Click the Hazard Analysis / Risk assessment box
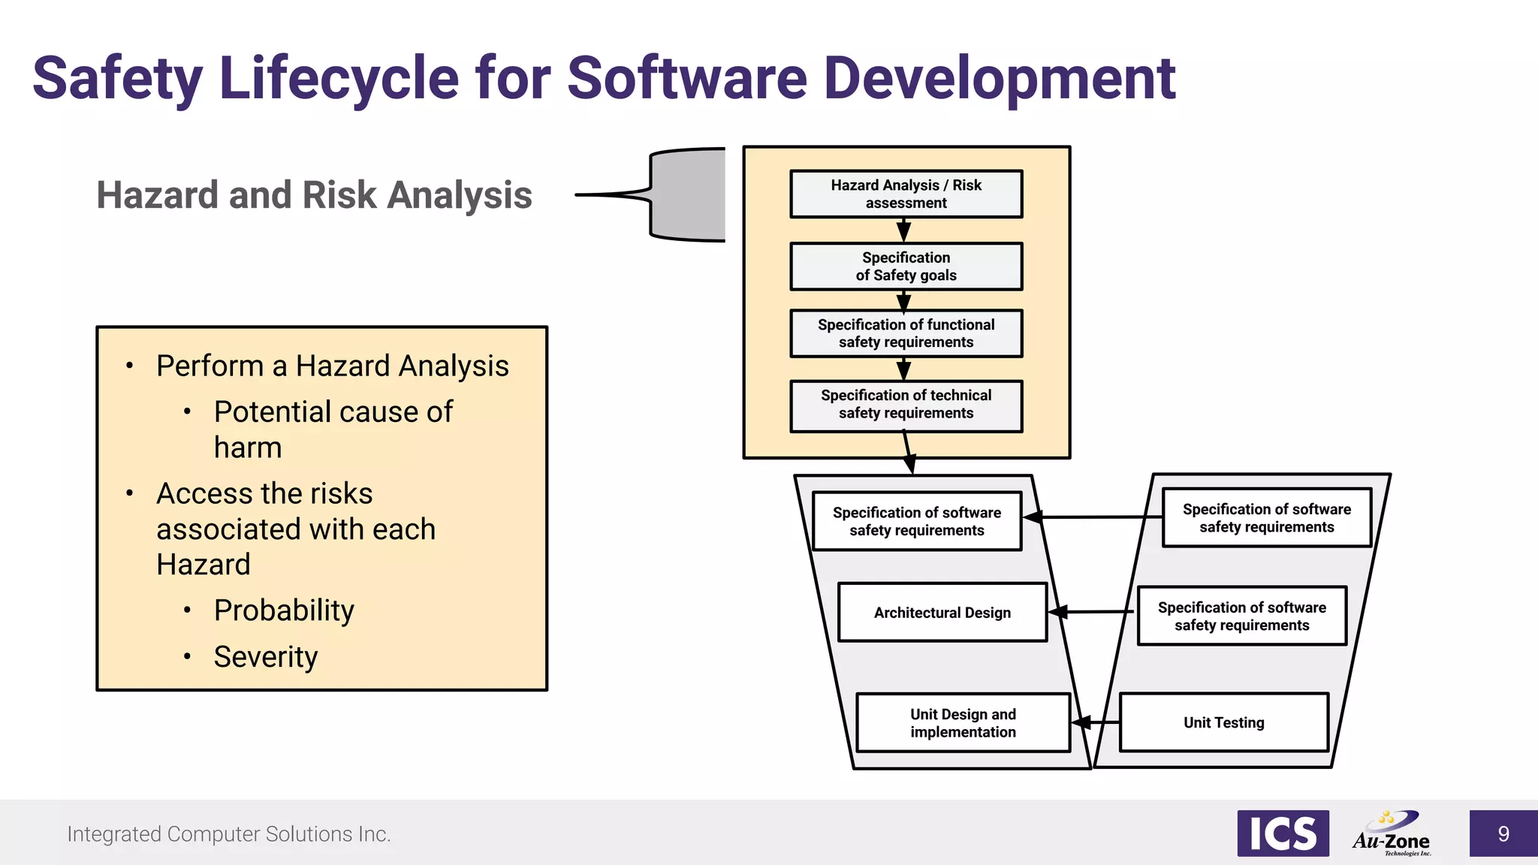coord(906,194)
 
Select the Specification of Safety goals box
coord(906,266)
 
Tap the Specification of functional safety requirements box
coord(906,333)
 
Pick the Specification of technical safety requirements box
coord(906,405)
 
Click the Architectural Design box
coord(942,612)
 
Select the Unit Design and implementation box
coord(963,722)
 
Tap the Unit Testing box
coord(1223,722)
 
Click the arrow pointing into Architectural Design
coord(1092,612)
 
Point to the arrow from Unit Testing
coord(1096,722)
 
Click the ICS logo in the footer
coord(1283,833)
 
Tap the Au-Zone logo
coord(1392,834)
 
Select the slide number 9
coord(1503,833)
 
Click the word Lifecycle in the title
coord(339,79)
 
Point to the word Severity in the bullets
coord(266,657)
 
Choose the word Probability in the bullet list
coord(284,610)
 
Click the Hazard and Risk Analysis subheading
coord(314,195)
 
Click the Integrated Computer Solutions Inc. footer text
coord(229,834)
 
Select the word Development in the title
coord(999,79)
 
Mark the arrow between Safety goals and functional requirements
coord(904,300)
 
